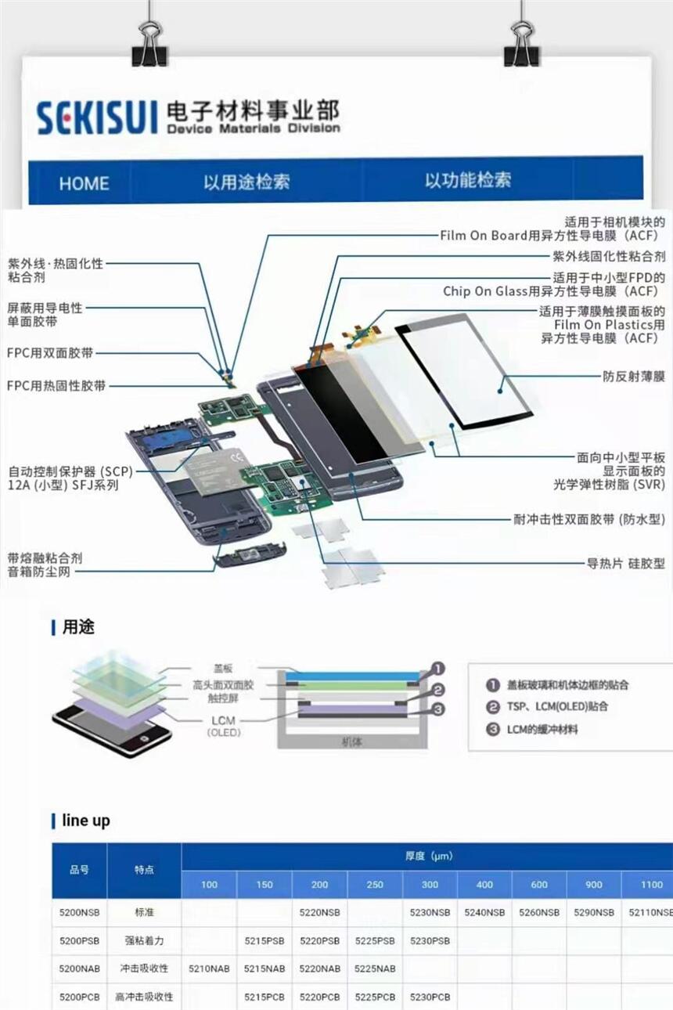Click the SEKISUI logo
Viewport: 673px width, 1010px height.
point(97,117)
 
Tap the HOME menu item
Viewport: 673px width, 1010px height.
point(85,183)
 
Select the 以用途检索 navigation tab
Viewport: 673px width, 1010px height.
point(247,182)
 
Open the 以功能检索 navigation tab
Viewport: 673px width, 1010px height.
point(468,180)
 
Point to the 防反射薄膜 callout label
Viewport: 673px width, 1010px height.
point(634,376)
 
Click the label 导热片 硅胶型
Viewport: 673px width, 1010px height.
point(626,563)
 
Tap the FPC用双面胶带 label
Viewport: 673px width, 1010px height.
point(50,352)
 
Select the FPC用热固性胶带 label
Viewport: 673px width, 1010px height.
point(56,385)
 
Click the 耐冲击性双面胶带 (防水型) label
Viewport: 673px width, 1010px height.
point(589,519)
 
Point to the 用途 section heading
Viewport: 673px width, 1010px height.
point(78,626)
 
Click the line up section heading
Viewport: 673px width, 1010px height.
point(85,821)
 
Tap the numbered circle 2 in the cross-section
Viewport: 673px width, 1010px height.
point(438,690)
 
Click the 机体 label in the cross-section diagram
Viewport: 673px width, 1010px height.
point(351,741)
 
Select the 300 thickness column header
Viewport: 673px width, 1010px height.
point(430,884)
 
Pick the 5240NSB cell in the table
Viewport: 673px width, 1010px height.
point(484,912)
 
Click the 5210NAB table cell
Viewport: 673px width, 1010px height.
point(209,968)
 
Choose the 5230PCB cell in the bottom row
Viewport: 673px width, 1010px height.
point(430,997)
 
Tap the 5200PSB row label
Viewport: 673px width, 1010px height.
point(79,941)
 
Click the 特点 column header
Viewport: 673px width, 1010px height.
point(144,870)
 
